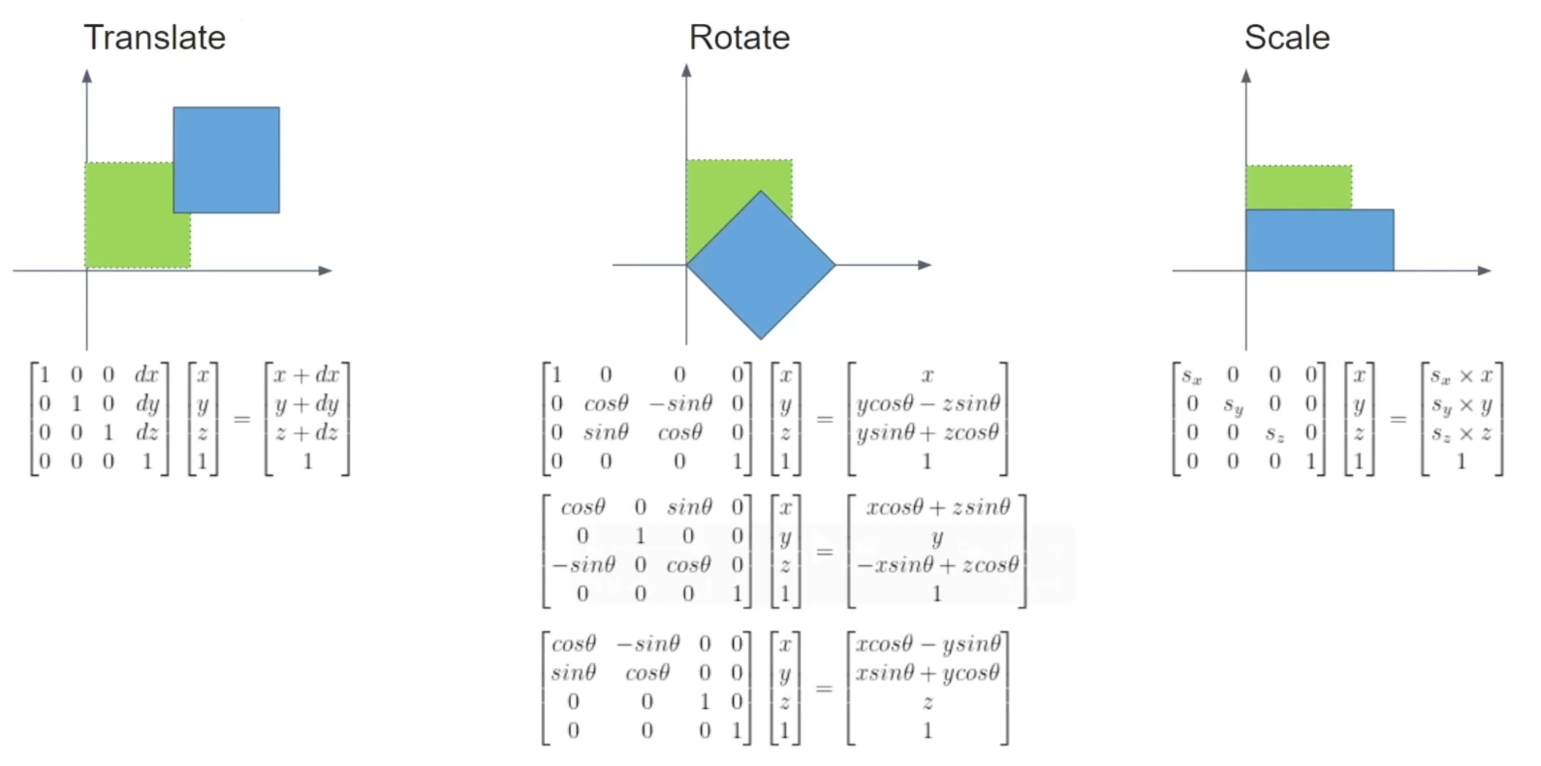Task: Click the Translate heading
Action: (154, 38)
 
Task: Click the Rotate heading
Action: (739, 38)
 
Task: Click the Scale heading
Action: (1286, 38)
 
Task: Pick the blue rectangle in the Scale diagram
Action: (1319, 240)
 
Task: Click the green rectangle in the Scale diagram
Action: (1298, 186)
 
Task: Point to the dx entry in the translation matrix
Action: (147, 375)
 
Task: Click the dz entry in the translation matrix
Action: (147, 432)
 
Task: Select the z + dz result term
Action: (307, 432)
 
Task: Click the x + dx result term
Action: (307, 375)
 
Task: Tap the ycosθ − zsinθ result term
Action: (928, 403)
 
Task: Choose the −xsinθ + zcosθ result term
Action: (937, 565)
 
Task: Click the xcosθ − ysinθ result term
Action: (928, 644)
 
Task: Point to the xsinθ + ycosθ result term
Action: (928, 673)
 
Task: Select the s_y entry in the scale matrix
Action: (1233, 405)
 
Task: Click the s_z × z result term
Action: (1462, 433)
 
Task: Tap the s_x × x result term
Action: (1462, 376)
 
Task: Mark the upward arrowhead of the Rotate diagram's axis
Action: (686, 70)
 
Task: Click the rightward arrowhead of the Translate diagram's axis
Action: (326, 271)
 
